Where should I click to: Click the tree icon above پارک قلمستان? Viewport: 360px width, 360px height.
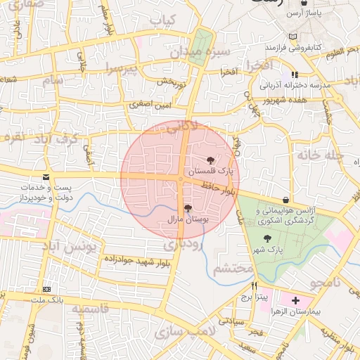pyautogui.click(x=210, y=160)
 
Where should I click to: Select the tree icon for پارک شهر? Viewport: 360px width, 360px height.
pyautogui.click(x=266, y=238)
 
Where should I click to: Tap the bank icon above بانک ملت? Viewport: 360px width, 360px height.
pyautogui.click(x=46, y=289)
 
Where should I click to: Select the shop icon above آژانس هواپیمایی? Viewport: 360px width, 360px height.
pyautogui.click(x=285, y=200)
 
